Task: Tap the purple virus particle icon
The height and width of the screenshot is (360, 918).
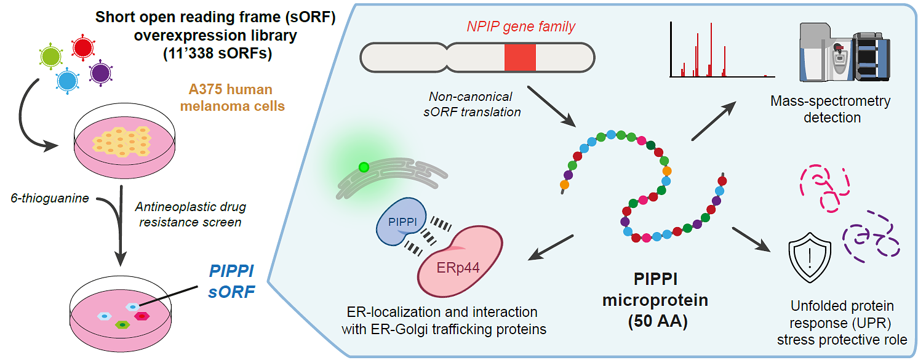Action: click(x=99, y=73)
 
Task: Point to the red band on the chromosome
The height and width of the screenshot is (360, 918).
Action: click(x=520, y=58)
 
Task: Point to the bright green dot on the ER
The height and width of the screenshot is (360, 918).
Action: click(x=364, y=167)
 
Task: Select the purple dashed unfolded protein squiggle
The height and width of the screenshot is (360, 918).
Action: click(x=869, y=238)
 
